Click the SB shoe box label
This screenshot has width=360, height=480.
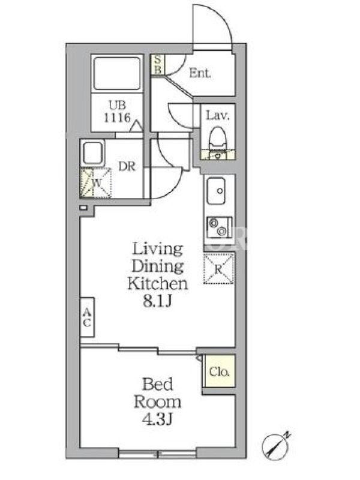tap(157, 64)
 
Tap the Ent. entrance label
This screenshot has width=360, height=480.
tap(200, 73)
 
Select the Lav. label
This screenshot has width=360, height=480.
tap(217, 115)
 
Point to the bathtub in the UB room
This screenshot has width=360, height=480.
tap(117, 73)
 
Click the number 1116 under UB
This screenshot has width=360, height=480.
tap(117, 118)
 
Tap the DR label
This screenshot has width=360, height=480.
tap(127, 166)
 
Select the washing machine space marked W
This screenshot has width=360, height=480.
tap(96, 183)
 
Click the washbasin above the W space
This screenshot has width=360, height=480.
tap(93, 153)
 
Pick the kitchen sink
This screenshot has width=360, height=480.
tap(216, 191)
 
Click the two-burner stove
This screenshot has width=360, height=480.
tap(219, 227)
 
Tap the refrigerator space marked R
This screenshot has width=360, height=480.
tap(218, 269)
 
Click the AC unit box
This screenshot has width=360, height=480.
tap(87, 317)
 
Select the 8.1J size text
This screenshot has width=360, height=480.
tap(157, 302)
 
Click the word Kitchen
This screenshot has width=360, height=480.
tap(158, 283)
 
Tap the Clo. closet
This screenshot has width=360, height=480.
tap(219, 371)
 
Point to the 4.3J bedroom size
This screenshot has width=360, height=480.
tap(158, 419)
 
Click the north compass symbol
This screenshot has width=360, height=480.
tap(276, 446)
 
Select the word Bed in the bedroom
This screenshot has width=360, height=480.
tap(158, 384)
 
